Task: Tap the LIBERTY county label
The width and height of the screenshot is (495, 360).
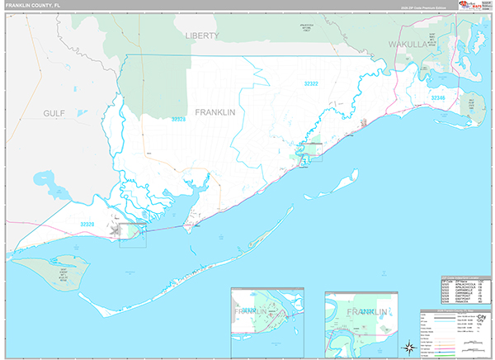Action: tap(201, 36)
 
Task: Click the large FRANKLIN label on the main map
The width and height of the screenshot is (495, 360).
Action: tap(215, 111)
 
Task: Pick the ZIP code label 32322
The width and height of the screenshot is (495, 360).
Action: tap(311, 83)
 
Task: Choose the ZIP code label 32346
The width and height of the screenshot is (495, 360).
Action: tap(438, 98)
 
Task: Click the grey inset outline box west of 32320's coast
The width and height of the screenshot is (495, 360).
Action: tap(132, 234)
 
